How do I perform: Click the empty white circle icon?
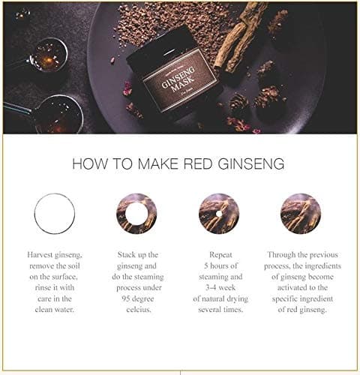coord(55,214)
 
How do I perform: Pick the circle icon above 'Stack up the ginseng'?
coord(136,214)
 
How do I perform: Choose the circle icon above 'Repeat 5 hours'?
coord(218,214)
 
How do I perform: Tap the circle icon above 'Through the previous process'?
coord(300,214)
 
